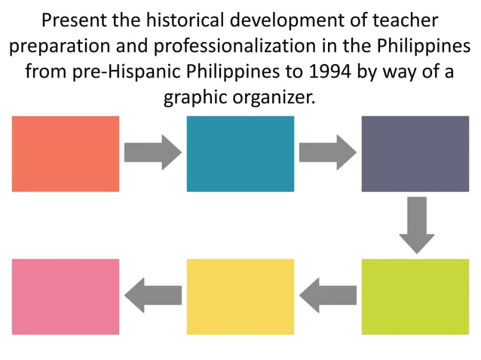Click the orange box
66,154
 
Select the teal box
240,154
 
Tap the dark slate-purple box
415,154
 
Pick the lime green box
415,296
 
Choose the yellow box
240,296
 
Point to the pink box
66,296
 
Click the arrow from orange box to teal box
152,153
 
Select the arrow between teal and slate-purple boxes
327,153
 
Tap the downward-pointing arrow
416,224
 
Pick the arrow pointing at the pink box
152,295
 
